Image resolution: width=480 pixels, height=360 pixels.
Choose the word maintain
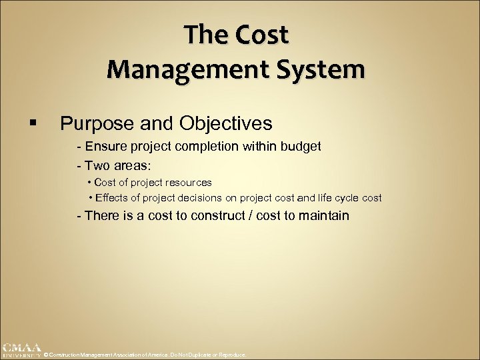pos(325,215)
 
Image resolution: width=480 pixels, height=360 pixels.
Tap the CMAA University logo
pos(21,351)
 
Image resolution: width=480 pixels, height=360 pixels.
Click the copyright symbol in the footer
pos(45,355)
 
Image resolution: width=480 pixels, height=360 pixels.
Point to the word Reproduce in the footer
pos(232,355)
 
